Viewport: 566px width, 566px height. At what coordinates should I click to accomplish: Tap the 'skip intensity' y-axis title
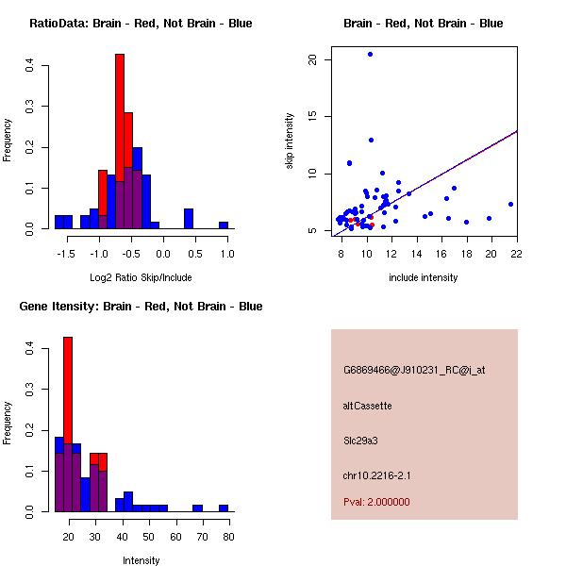coord(291,141)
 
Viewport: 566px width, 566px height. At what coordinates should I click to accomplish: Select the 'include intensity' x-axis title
coord(424,277)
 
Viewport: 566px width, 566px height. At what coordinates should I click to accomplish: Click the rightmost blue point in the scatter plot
coord(510,204)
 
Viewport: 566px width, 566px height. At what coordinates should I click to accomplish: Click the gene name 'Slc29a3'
coord(362,440)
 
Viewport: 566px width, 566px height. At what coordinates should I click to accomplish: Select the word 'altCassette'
coord(367,406)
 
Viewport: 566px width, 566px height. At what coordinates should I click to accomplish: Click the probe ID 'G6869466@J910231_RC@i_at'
coord(414,371)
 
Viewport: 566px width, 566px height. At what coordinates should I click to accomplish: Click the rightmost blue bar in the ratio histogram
coord(224,225)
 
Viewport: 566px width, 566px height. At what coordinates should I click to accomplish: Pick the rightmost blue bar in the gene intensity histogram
coord(224,508)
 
